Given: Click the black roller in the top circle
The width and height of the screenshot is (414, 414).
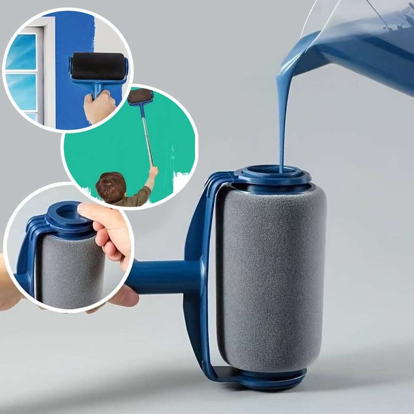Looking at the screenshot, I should click(98, 66).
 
